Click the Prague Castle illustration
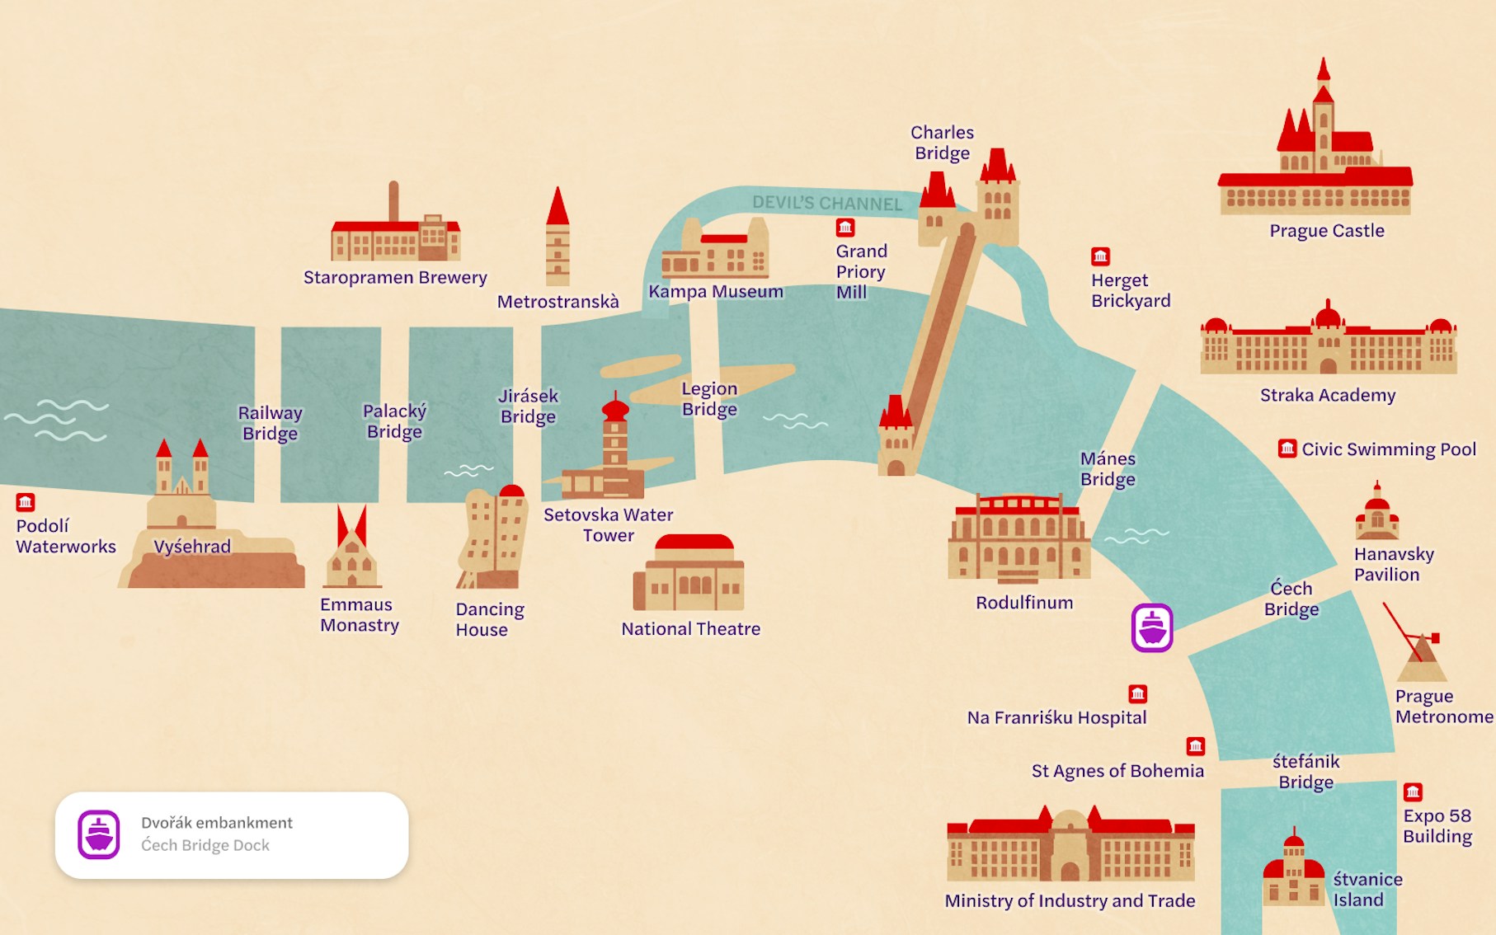1315,157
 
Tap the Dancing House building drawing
492,537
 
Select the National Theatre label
690,629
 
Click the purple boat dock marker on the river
1152,628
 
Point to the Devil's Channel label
826,203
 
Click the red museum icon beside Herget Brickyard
1100,256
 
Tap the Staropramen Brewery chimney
394,201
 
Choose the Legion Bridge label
709,399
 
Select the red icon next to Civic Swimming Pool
1287,449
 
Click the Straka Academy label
1327,395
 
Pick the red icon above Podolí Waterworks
26,502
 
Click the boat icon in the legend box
99,834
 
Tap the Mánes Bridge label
1108,469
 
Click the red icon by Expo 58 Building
1413,792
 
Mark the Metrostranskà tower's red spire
557,206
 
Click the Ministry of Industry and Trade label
1070,901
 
